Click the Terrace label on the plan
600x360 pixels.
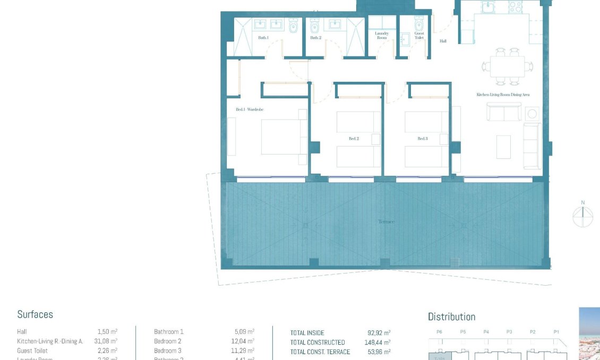386,221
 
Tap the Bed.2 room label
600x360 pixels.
354,139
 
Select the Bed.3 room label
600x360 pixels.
422,139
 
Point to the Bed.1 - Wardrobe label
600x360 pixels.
250,109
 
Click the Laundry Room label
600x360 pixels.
382,36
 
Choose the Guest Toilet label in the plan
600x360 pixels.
419,36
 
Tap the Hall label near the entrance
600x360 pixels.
443,41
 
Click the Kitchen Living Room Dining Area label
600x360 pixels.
503,95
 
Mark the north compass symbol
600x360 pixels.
582,216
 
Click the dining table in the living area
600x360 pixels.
507,66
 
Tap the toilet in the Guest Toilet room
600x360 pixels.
419,24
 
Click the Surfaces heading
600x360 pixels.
35,314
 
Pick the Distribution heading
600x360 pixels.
451,316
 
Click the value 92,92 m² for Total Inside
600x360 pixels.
379,333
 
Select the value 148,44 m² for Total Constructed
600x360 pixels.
377,342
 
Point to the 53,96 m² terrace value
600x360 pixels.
379,352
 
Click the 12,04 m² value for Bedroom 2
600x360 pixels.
243,341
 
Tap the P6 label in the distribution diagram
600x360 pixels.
439,332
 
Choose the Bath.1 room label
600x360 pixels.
263,38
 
